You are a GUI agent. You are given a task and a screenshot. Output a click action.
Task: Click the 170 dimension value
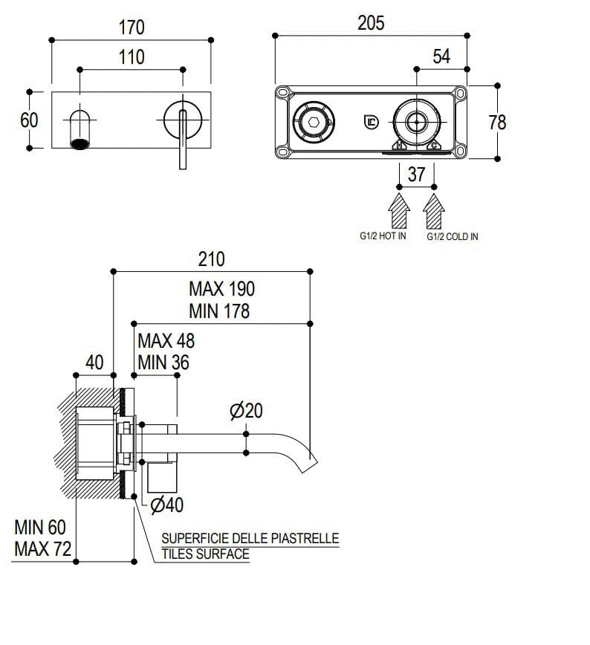pyautogui.click(x=132, y=27)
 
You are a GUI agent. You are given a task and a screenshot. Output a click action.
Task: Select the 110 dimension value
pyautogui.click(x=132, y=57)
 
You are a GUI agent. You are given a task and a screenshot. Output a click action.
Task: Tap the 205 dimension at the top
pyautogui.click(x=371, y=23)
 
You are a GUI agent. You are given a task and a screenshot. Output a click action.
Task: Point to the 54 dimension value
pyautogui.click(x=441, y=56)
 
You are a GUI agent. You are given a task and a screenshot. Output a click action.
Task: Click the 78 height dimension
pyautogui.click(x=496, y=122)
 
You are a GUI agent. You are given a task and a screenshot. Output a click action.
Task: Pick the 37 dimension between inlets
pyautogui.click(x=417, y=175)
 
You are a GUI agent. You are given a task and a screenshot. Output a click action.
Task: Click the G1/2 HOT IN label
pyautogui.click(x=383, y=236)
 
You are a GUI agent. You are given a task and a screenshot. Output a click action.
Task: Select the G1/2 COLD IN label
pyautogui.click(x=453, y=236)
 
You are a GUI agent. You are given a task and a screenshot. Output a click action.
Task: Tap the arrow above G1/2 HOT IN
pyautogui.click(x=400, y=210)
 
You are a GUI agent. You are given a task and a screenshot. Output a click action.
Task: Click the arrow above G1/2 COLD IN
pyautogui.click(x=434, y=210)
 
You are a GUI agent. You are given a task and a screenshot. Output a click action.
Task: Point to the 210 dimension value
pyautogui.click(x=211, y=259)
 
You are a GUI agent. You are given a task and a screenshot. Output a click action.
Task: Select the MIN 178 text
pyautogui.click(x=219, y=311)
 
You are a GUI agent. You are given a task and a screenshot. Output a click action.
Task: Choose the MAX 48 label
pyautogui.click(x=166, y=341)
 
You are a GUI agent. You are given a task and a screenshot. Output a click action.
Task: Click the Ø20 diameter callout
pyautogui.click(x=246, y=410)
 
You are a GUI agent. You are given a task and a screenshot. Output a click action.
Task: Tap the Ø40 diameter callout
pyautogui.click(x=166, y=505)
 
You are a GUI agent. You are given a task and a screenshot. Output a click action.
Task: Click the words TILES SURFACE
pyautogui.click(x=205, y=554)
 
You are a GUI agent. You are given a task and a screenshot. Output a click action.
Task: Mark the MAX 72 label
pyautogui.click(x=43, y=550)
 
